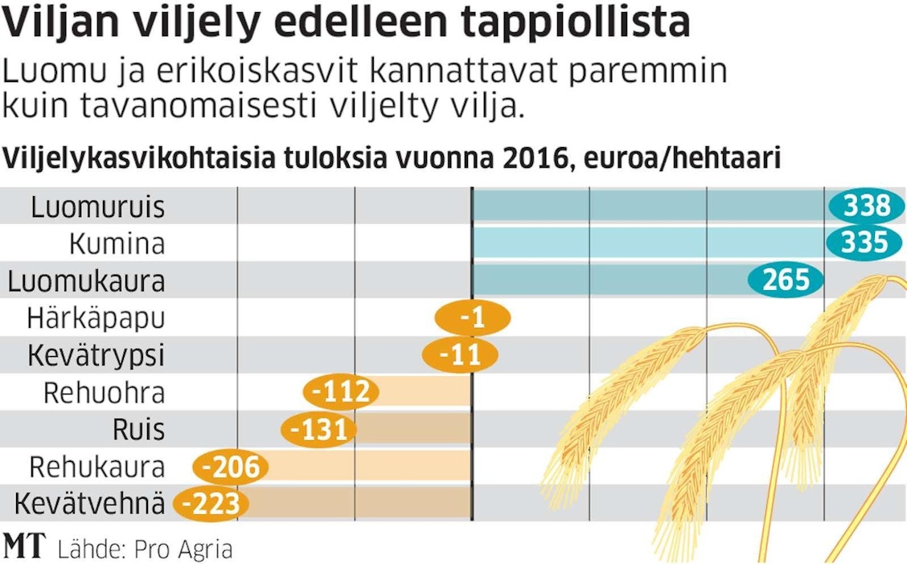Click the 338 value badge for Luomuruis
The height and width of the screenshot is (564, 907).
click(x=867, y=206)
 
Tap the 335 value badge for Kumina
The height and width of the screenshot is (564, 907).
click(x=865, y=243)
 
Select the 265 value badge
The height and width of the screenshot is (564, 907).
click(x=786, y=280)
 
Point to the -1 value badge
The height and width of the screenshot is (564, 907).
click(x=472, y=318)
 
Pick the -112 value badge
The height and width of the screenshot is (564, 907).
click(x=341, y=393)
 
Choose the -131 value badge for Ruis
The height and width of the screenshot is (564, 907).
click(x=319, y=430)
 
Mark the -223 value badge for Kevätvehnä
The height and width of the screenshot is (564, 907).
click(x=211, y=505)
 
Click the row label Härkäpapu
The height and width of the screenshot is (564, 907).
click(x=96, y=318)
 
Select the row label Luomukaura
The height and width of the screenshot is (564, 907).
click(x=86, y=281)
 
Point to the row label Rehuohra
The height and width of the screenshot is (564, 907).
click(x=104, y=393)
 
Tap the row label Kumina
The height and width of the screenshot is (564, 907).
click(x=117, y=243)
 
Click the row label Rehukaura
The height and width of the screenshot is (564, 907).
click(x=96, y=468)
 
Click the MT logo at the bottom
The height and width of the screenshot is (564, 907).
click(x=25, y=546)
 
